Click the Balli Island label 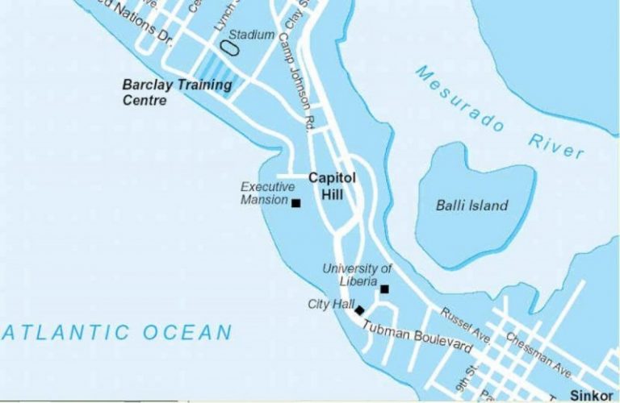471,206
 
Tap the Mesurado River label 499,112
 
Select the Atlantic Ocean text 116,332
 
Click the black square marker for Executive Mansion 296,203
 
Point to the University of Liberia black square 384,289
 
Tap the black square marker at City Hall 359,310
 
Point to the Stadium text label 252,35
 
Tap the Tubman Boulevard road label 417,337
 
